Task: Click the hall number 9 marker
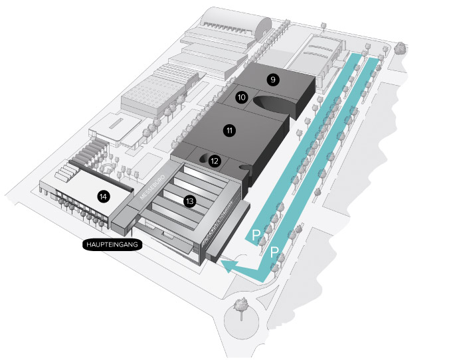pos(273,80)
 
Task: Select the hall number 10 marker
pos(241,97)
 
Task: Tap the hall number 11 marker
pos(229,130)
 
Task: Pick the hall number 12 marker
pos(215,161)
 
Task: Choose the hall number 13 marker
pos(190,201)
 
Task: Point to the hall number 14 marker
pos(103,197)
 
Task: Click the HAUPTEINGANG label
pos(112,244)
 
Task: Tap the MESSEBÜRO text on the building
pos(152,187)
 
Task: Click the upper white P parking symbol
pos(255,235)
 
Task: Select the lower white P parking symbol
pos(274,252)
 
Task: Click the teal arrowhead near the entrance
pos(230,266)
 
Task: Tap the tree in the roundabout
pos(240,308)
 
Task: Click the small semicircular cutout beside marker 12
pos(204,158)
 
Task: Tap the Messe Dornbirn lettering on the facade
pos(217,221)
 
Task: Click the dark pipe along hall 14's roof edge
pos(101,175)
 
